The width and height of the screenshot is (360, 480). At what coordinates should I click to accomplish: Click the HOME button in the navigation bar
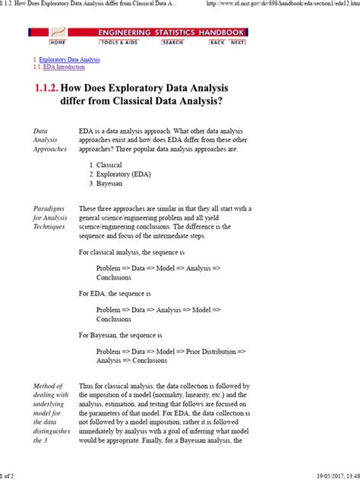(x=57, y=43)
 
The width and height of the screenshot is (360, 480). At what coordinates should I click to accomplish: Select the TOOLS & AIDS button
(x=114, y=43)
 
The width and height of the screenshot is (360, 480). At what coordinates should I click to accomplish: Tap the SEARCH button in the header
(x=172, y=43)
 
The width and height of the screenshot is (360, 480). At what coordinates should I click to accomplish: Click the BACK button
(x=217, y=43)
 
